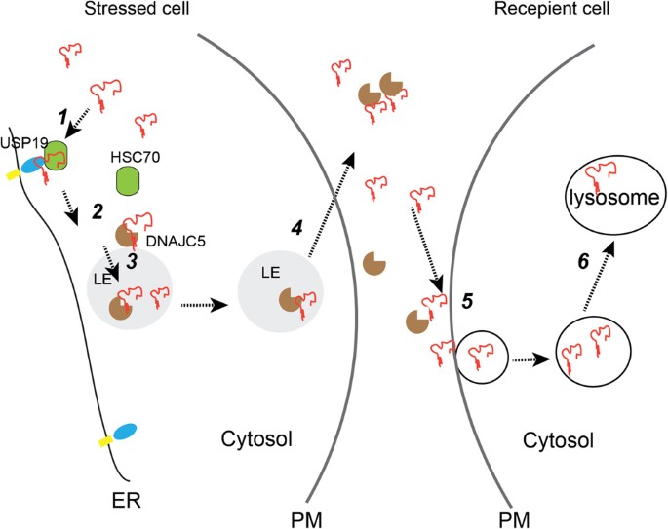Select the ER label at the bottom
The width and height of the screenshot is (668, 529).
coord(125,502)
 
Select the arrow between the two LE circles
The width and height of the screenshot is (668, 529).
coord(205,304)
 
